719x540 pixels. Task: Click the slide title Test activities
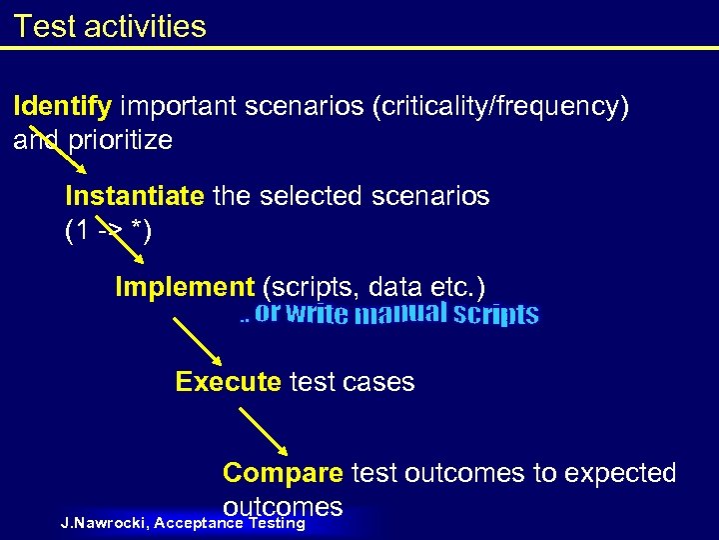pyautogui.click(x=110, y=26)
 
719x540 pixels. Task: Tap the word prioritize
pyautogui.click(x=120, y=140)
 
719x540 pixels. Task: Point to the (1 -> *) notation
pyautogui.click(x=108, y=232)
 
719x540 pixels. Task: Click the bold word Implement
pyautogui.click(x=185, y=288)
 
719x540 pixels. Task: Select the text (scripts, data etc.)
pyautogui.click(x=373, y=288)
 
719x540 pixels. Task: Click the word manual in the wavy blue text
pyautogui.click(x=400, y=315)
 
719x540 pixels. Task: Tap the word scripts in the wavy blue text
pyautogui.click(x=495, y=315)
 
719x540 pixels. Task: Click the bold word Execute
pyautogui.click(x=228, y=382)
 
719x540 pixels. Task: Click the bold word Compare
pyautogui.click(x=283, y=473)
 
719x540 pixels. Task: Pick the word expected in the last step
pyautogui.click(x=620, y=473)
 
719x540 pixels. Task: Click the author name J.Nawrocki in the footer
pyautogui.click(x=104, y=523)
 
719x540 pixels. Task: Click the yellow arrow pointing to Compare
pyautogui.click(x=265, y=431)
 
